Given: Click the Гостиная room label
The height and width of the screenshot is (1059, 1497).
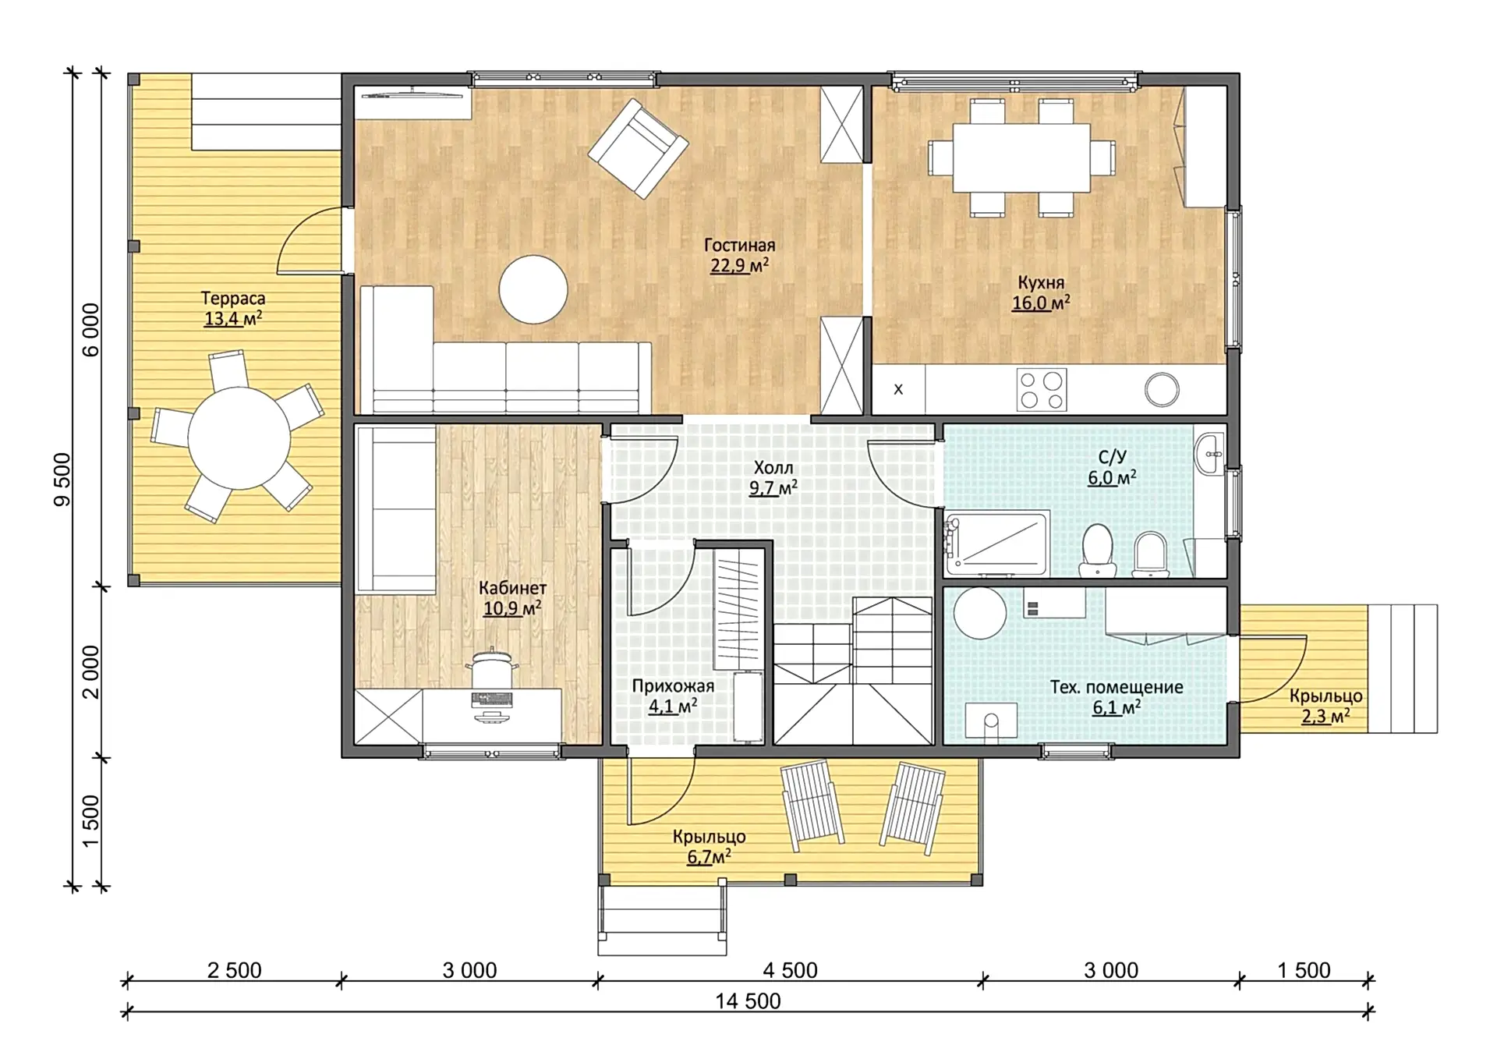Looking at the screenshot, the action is tap(739, 245).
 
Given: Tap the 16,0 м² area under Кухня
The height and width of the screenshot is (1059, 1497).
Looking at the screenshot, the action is tap(1041, 303).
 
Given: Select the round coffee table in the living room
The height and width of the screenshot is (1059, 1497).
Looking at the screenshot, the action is tap(533, 289).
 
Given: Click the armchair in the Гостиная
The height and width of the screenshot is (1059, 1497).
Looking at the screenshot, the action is tap(638, 147).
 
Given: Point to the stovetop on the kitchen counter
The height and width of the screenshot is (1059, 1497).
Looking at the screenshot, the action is tap(1042, 390).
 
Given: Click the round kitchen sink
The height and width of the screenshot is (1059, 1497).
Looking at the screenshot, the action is tap(1162, 389).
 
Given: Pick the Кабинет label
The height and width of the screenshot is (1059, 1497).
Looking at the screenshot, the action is tap(512, 588).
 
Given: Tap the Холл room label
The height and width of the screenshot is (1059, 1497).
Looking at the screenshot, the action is tap(773, 468).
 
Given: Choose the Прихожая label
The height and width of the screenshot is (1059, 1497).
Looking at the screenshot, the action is tap(673, 686).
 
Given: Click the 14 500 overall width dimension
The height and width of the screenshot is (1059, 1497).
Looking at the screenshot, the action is tap(748, 1001).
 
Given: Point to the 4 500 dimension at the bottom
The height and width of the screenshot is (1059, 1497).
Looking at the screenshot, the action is tap(790, 970).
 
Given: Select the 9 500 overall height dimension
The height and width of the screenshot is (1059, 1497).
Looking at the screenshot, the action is tap(62, 480).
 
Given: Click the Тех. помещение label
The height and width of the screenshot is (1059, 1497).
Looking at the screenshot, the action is tap(1117, 687).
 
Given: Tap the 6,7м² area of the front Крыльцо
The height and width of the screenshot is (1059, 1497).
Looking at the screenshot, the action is tap(709, 857).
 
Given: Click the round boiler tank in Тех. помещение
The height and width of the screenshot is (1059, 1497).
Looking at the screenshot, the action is tap(980, 613).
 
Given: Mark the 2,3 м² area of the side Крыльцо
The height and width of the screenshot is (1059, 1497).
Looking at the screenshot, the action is tap(1325, 716).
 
